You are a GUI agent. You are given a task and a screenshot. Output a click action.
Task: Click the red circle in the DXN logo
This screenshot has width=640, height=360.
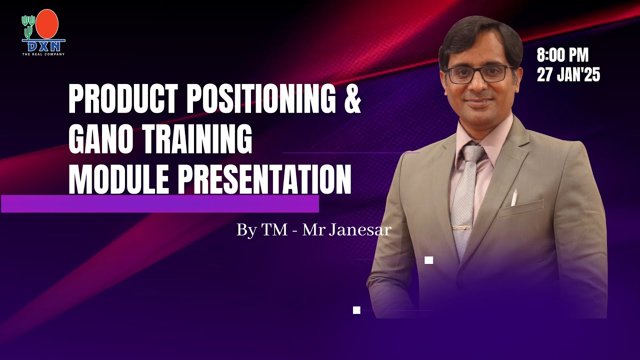pyautogui.click(x=47, y=24)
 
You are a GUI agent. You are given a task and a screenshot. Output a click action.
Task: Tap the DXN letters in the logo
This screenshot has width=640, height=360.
pyautogui.click(x=43, y=46)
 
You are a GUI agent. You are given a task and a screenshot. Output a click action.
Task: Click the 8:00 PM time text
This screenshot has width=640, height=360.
pyautogui.click(x=562, y=55)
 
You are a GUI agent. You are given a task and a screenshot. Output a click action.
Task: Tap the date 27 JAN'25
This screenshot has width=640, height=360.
pyautogui.click(x=568, y=75)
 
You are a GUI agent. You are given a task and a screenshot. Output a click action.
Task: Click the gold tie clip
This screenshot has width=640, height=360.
pyautogui.click(x=462, y=228)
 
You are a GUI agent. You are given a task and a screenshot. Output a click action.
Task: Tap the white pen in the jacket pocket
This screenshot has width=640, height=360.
pyautogui.click(x=514, y=198)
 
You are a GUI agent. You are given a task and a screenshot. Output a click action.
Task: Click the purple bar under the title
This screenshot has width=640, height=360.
pyautogui.click(x=160, y=204)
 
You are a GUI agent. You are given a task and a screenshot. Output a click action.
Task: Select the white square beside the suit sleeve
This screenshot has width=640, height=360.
pyautogui.click(x=428, y=260)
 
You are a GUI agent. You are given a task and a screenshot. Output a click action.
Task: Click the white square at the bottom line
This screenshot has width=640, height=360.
pyautogui.click(x=356, y=310)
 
